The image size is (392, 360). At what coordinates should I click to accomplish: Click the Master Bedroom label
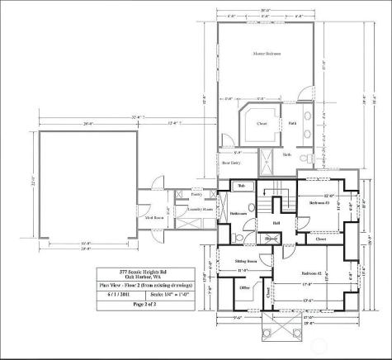point(267,54)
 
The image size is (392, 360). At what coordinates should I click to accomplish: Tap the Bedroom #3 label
point(320,202)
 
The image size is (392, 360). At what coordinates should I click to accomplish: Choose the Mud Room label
point(150,219)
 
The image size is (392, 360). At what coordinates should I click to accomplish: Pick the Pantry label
point(196,195)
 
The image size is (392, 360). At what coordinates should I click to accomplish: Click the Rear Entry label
point(231,163)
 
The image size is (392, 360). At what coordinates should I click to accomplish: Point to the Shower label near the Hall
point(271,239)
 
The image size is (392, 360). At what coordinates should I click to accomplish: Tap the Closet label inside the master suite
point(262,124)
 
